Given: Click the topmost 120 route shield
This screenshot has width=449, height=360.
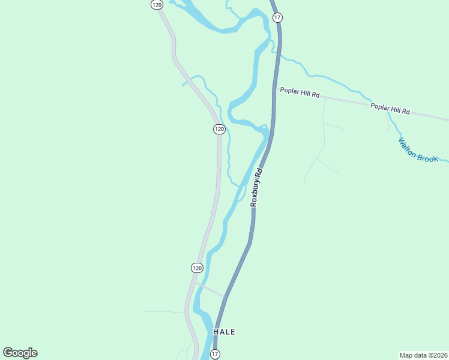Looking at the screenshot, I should click(x=157, y=4).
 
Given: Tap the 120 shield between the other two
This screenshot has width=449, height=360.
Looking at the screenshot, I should click(x=219, y=129).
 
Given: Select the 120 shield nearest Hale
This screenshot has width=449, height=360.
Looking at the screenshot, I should click(x=197, y=267).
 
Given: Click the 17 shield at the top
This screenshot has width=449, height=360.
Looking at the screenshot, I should click(x=277, y=17).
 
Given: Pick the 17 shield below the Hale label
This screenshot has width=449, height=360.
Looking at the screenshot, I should click(x=215, y=354).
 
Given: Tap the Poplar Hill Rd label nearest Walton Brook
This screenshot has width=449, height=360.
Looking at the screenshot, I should click(x=390, y=109).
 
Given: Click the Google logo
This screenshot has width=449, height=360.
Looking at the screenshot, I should click(x=20, y=353).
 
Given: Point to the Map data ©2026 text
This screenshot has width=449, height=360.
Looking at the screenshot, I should click(x=423, y=355).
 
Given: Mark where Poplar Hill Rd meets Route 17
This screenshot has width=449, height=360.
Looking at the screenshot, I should click(x=276, y=89).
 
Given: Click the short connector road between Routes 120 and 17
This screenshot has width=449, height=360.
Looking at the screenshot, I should click(x=210, y=290).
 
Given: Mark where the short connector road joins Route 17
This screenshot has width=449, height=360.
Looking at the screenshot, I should click(x=225, y=296).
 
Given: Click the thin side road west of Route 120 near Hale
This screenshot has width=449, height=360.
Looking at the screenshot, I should click(x=165, y=312).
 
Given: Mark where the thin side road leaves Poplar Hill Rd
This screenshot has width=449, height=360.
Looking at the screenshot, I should click(x=325, y=98).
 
